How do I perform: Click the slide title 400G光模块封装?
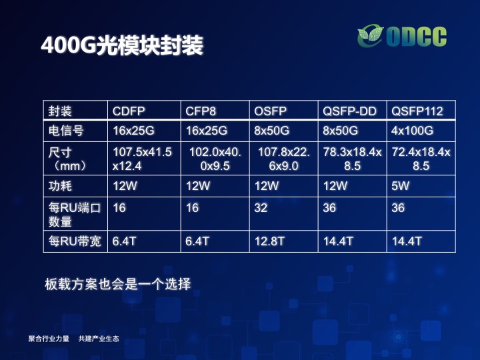click(x=122, y=45)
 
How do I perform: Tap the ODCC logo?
click(x=402, y=37)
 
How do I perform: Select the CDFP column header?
click(x=129, y=111)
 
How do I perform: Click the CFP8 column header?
click(x=201, y=111)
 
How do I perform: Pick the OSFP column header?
click(x=270, y=111)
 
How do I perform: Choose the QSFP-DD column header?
click(x=349, y=111)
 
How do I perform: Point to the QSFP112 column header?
click(x=417, y=111)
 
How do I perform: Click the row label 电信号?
click(x=66, y=131)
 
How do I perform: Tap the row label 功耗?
click(x=60, y=186)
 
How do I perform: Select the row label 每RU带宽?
click(x=75, y=241)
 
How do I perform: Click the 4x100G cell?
click(x=413, y=131)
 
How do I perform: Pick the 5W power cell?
click(x=401, y=186)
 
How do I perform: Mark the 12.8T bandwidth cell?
click(x=269, y=241)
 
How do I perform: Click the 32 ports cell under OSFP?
click(x=261, y=208)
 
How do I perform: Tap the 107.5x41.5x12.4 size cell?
click(x=143, y=159)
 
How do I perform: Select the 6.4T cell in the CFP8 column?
click(x=197, y=241)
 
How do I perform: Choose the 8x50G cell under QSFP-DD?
click(x=341, y=131)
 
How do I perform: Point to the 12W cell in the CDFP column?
click(x=125, y=186)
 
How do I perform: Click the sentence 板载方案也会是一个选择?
click(x=118, y=284)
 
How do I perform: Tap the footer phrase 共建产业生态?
click(x=99, y=339)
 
